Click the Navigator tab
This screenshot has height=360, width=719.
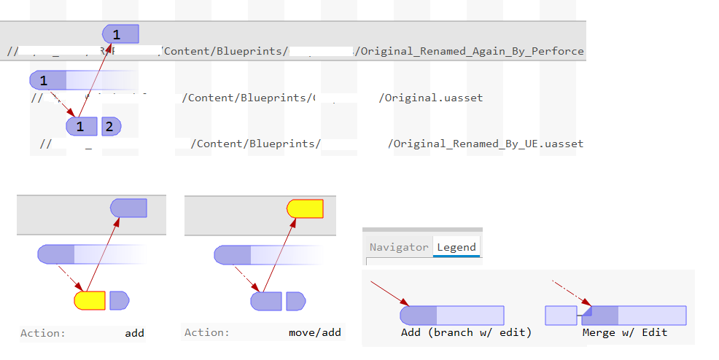pos(398,247)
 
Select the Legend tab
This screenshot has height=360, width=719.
pos(456,247)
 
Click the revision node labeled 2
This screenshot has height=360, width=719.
pos(111,127)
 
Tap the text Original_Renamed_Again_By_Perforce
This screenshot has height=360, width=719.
pos(471,51)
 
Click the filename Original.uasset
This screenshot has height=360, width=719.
pos(430,98)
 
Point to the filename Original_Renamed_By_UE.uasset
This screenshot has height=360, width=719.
pos(486,144)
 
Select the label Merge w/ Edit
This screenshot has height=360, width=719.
pos(625,332)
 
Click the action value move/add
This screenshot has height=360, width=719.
pos(314,333)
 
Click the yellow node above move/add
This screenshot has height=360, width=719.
pos(305,208)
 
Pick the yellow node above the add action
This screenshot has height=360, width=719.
pos(90,300)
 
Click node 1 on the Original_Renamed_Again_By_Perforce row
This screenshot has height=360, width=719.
pos(120,34)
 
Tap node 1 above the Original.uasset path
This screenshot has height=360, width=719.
pos(48,80)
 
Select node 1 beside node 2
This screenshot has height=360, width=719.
pos(82,127)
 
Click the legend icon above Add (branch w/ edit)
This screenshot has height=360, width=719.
pos(451,315)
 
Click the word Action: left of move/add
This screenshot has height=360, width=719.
pos(206,333)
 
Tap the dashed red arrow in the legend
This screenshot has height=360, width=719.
pos(569,291)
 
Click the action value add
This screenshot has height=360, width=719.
pos(134,333)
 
